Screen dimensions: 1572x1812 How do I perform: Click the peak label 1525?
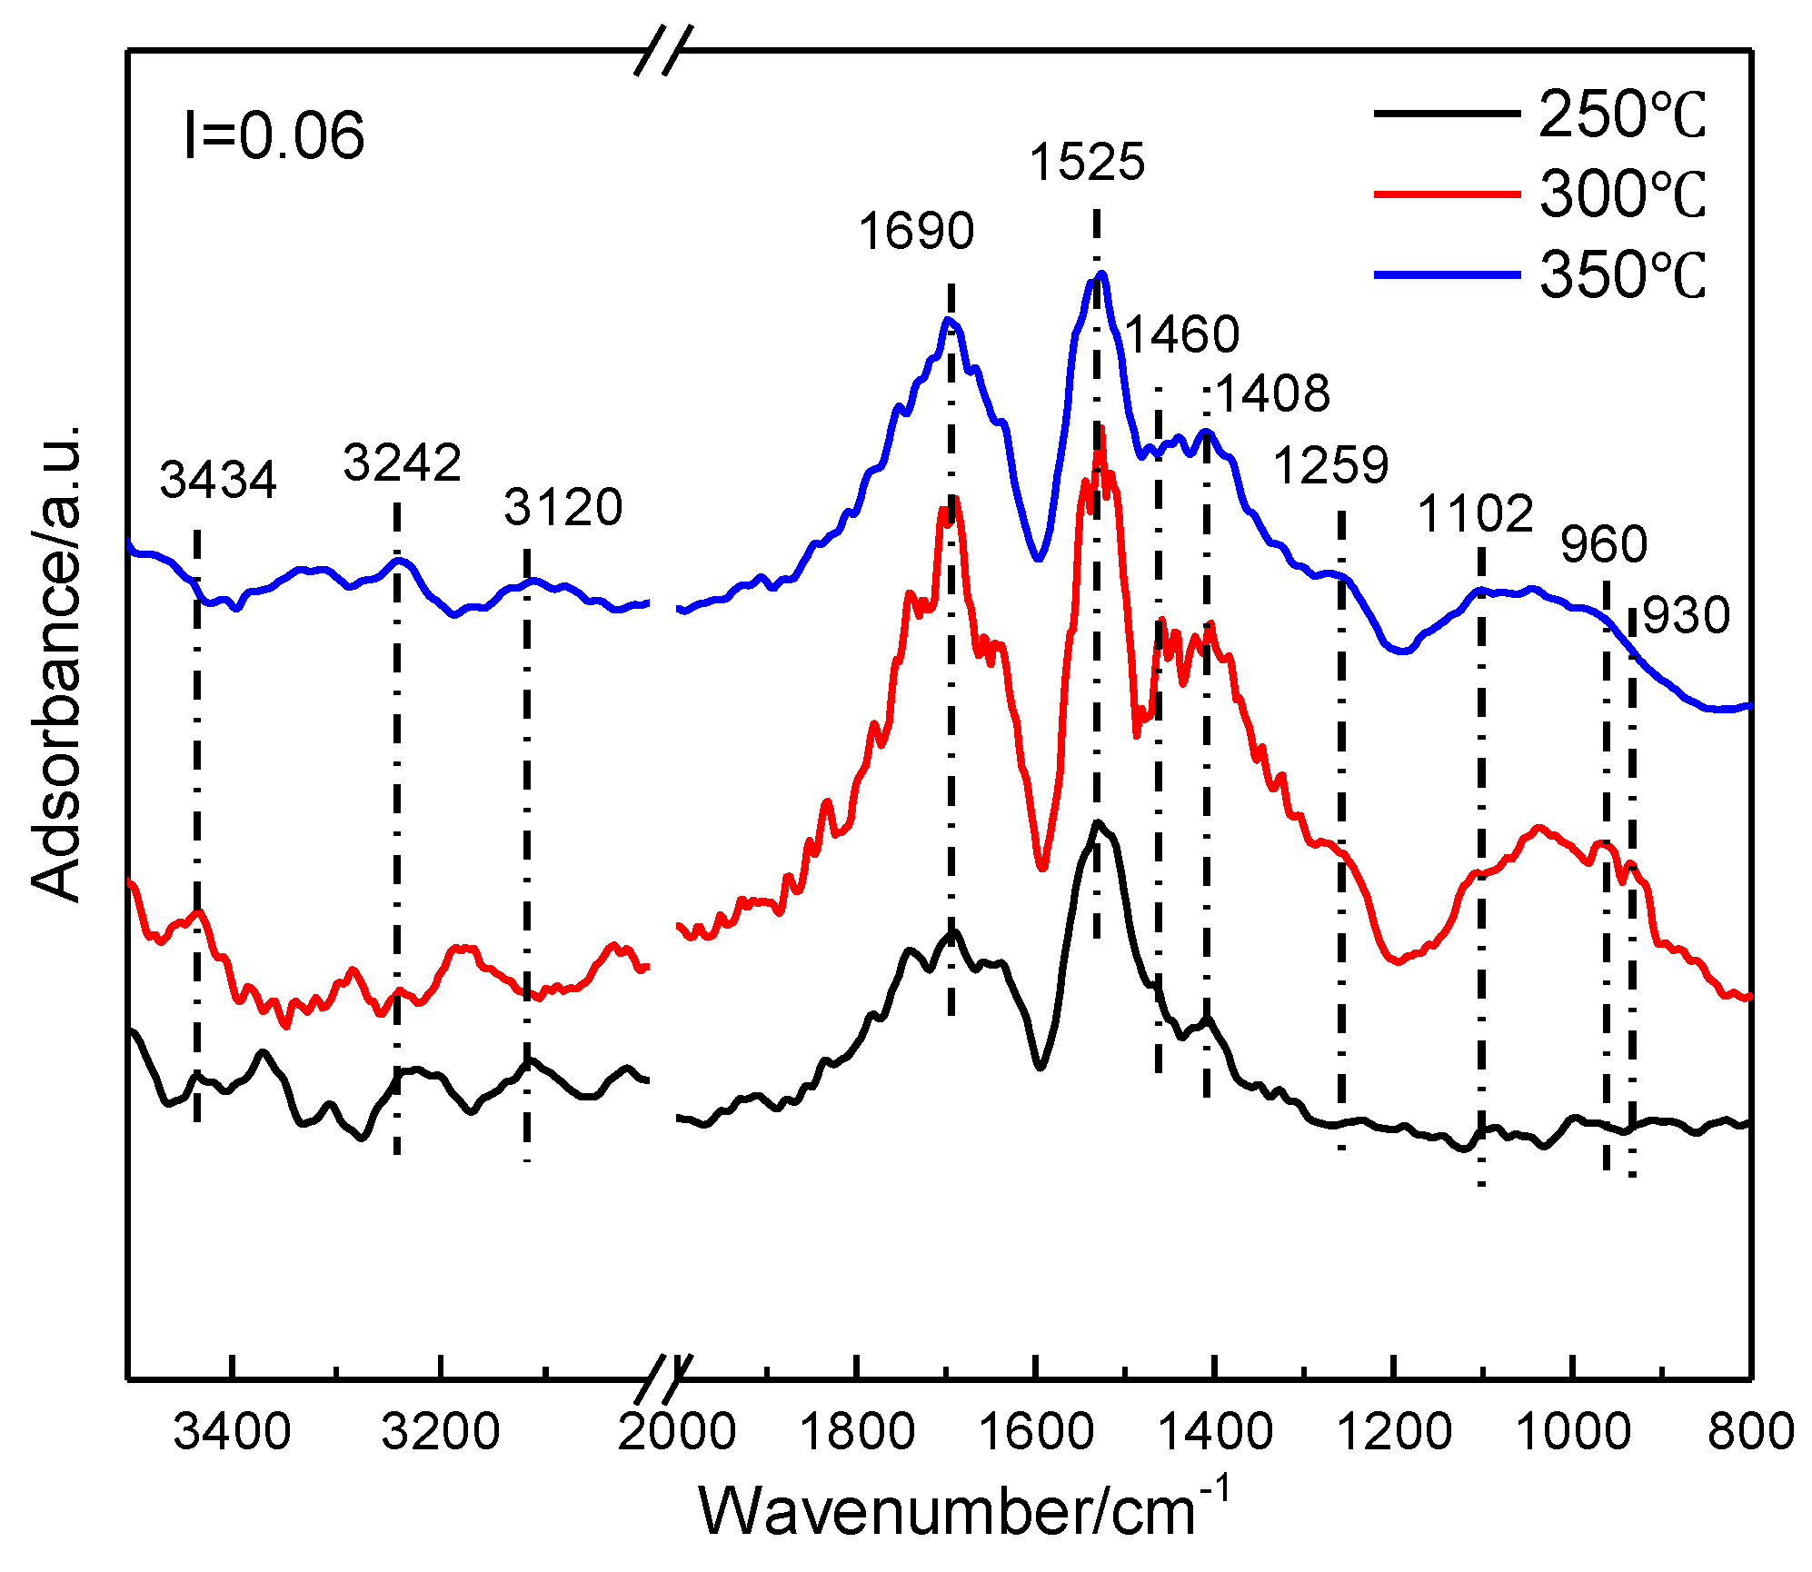pos(1087,163)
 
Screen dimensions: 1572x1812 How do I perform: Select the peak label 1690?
pos(916,231)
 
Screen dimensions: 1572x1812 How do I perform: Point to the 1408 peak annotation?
pos(1271,394)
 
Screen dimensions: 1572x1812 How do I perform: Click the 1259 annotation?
pos(1330,466)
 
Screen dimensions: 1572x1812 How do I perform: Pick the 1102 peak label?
pos(1475,514)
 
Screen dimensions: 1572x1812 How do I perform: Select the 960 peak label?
pos(1603,545)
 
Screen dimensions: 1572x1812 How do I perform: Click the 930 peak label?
pos(1686,616)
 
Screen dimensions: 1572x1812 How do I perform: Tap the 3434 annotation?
pos(218,480)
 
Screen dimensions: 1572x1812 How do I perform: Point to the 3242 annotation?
pos(402,463)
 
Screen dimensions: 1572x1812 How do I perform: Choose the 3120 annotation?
pos(563,508)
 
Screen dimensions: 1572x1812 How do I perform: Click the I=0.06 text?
pos(274,136)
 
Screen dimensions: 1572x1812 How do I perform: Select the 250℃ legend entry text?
pos(1622,115)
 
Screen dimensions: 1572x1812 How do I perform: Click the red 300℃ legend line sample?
pos(1446,194)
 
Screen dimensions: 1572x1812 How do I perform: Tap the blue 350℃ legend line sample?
pos(1446,274)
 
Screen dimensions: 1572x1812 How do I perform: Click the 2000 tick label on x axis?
pos(676,1433)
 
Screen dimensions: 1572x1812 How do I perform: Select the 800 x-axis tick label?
pos(1750,1433)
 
